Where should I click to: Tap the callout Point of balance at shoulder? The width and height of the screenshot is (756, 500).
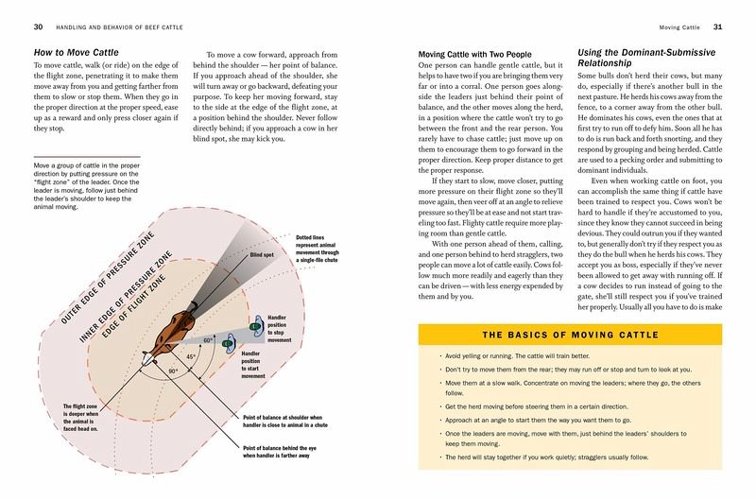click(x=291, y=420)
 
